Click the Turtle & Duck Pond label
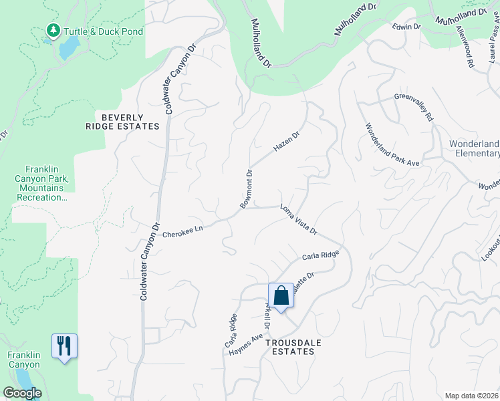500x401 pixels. (x=103, y=31)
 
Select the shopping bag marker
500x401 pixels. (x=281, y=295)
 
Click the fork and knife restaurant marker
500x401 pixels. (x=64, y=346)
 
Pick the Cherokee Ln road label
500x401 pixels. (x=182, y=229)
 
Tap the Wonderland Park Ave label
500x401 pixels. (x=391, y=144)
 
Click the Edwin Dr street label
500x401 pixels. (x=406, y=27)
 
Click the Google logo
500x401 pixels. (x=23, y=393)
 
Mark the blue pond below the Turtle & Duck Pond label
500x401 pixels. (x=68, y=49)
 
